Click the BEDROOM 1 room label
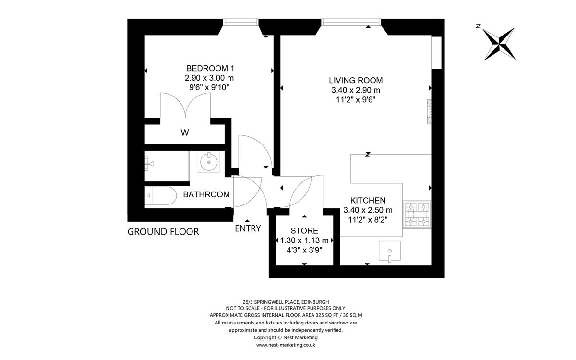[210, 68]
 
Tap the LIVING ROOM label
[356, 81]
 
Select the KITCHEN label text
[368, 201]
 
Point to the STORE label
[304, 231]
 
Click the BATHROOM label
[206, 195]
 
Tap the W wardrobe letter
[185, 132]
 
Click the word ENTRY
[248, 228]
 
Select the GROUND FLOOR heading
[163, 232]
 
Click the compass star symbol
[499, 44]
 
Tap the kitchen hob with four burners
[417, 215]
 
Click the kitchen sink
[390, 251]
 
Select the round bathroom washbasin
[208, 161]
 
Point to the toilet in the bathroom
[160, 196]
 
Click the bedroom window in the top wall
[240, 22]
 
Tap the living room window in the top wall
[351, 22]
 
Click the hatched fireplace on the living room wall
[429, 112]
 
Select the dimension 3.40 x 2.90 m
[356, 90]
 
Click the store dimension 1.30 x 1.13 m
[304, 240]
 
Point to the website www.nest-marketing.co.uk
[286, 345]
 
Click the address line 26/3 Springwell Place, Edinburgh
[286, 302]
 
